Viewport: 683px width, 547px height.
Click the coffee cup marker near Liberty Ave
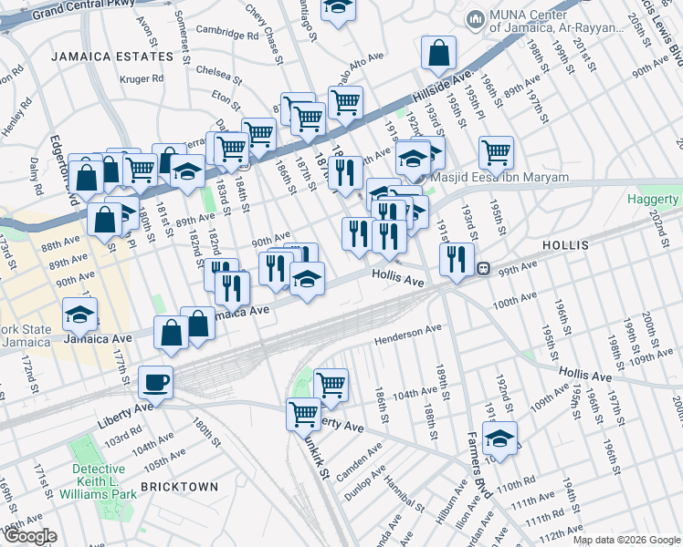tap(155, 382)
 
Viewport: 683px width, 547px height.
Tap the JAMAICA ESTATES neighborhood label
tap(112, 57)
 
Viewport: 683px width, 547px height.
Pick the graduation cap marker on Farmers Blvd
tap(499, 439)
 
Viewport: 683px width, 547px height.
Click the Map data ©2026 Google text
tap(625, 540)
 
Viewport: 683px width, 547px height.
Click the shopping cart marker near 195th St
tap(496, 151)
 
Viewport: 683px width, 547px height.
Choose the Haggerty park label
tap(653, 200)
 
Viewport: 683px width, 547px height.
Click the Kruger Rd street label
tap(141, 78)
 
